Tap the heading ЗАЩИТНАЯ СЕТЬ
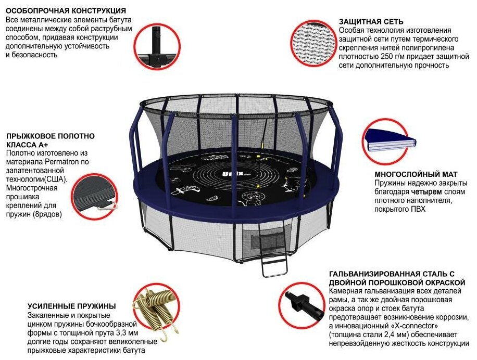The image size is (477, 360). tap(371, 22)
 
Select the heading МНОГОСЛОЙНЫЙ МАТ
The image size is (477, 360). tap(413, 175)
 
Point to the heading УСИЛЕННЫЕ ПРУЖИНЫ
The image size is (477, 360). tap(72, 306)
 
